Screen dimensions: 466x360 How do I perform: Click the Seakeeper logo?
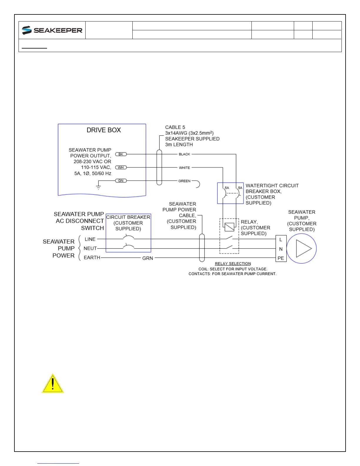pos(52,30)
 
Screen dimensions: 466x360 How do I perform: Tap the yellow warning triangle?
pos(53,384)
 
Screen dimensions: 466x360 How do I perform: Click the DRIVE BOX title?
pos(104,130)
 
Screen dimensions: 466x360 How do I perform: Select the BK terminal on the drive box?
pos(121,154)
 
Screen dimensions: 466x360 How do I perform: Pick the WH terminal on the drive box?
pos(121,167)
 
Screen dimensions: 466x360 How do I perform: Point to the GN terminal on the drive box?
pos(121,181)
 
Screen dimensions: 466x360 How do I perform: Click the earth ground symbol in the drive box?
pos(99,187)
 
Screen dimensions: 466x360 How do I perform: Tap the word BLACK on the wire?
pos(184,154)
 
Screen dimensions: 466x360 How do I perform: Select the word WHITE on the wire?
pos(184,168)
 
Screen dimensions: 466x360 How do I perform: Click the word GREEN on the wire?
pos(184,181)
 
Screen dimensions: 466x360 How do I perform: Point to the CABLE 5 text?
pos(175,127)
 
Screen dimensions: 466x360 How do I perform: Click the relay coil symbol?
pos(229,227)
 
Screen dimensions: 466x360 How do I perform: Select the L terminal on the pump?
pos(281,240)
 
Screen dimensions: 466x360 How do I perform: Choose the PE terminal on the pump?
pos(281,258)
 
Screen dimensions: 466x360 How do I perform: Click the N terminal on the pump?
pos(281,249)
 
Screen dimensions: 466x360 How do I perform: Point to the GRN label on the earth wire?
pos(148,258)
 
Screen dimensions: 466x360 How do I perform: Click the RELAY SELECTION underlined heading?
pos(233,264)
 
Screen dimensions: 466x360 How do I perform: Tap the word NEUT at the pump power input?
pos(90,248)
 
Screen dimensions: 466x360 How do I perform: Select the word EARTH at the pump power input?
pos(92,257)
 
